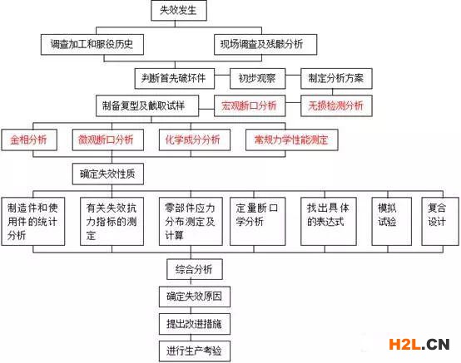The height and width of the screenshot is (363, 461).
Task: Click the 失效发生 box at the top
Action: click(x=179, y=11)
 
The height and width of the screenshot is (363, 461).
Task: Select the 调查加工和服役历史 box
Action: click(x=92, y=45)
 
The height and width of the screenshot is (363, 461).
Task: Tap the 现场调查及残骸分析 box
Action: click(x=265, y=45)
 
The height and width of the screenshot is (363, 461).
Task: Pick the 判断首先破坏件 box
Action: click(x=175, y=78)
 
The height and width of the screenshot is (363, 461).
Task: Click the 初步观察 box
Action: click(x=258, y=78)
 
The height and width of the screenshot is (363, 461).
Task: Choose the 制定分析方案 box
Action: click(x=336, y=78)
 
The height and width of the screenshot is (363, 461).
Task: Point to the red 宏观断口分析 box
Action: click(x=250, y=105)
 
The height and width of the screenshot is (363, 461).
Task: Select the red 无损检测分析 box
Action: click(x=336, y=105)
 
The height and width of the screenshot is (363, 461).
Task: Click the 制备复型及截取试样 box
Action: click(x=147, y=105)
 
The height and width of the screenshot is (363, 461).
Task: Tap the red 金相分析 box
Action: click(x=29, y=140)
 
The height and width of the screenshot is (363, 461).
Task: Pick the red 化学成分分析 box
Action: click(x=195, y=140)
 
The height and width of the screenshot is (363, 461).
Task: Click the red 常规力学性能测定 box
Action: click(x=291, y=140)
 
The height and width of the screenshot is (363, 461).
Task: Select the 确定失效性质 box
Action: click(x=108, y=174)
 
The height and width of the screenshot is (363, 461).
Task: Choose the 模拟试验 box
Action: click(x=391, y=221)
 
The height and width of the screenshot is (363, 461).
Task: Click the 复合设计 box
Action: click(x=440, y=221)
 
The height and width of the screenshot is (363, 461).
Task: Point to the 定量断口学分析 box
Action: click(x=258, y=221)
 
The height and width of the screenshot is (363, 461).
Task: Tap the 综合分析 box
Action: click(x=195, y=269)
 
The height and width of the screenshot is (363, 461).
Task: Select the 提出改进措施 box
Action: click(x=195, y=324)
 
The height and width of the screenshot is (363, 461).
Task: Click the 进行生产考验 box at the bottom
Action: click(x=195, y=351)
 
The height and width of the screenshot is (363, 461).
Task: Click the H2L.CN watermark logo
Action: click(x=419, y=344)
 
